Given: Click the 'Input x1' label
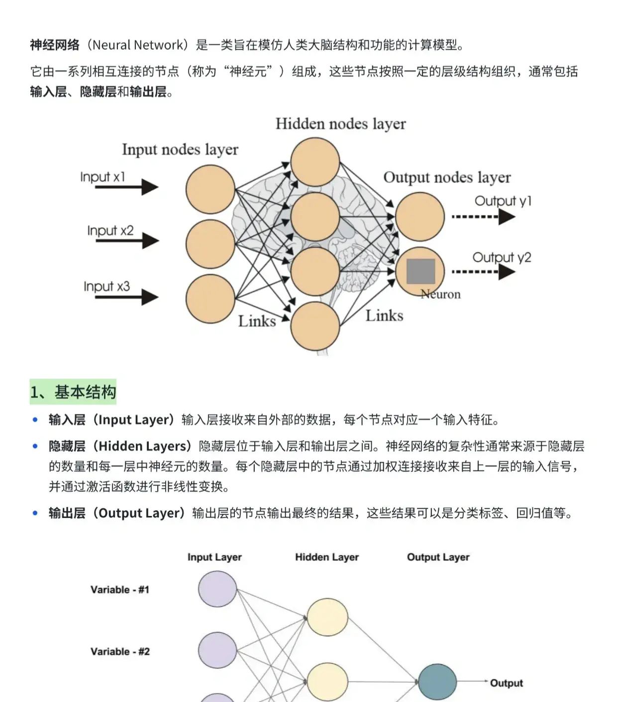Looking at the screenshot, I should pyautogui.click(x=103, y=177).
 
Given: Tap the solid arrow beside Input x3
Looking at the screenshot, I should pyautogui.click(x=126, y=297).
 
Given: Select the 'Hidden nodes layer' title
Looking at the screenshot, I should pyautogui.click(x=340, y=124).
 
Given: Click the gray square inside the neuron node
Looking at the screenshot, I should pyautogui.click(x=421, y=271).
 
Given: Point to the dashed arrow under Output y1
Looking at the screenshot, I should pyautogui.click(x=483, y=217).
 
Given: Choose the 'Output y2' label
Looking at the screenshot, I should pyautogui.click(x=502, y=257).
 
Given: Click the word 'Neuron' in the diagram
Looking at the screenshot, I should pyautogui.click(x=441, y=295).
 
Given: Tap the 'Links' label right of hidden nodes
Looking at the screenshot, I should pyautogui.click(x=384, y=315).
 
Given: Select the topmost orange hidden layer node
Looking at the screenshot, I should pyautogui.click(x=315, y=162).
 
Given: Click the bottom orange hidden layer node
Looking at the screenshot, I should pyautogui.click(x=315, y=326).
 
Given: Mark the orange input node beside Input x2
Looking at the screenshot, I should pyautogui.click(x=210, y=244).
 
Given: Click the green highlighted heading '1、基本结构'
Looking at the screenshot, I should pyautogui.click(x=73, y=392).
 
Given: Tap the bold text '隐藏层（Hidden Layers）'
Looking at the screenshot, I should pyautogui.click(x=120, y=446).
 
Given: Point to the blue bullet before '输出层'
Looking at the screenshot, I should pyautogui.click(x=35, y=513).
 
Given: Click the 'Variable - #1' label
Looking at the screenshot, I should pyautogui.click(x=119, y=590).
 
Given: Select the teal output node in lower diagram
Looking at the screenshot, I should pyautogui.click(x=437, y=682).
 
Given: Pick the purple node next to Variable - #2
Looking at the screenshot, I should pyautogui.click(x=217, y=650).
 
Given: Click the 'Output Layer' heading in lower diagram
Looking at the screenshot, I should pyautogui.click(x=438, y=557).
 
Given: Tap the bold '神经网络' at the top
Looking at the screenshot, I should pyautogui.click(x=55, y=45).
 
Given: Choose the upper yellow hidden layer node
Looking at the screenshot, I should pyautogui.click(x=327, y=617).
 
